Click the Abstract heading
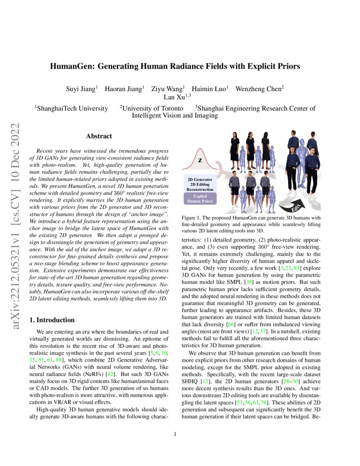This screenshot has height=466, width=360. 99,136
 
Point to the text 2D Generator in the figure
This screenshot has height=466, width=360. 200,179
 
